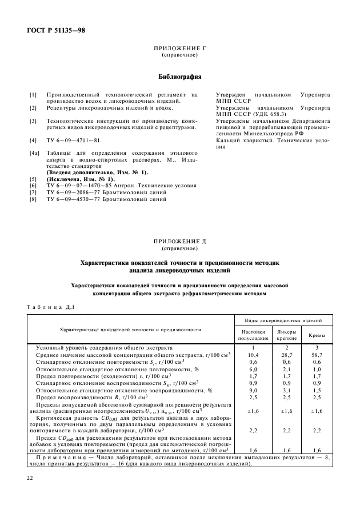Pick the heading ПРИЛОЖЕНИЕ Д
point(179,242)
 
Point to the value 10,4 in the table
point(253,355)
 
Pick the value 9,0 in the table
point(253,390)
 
